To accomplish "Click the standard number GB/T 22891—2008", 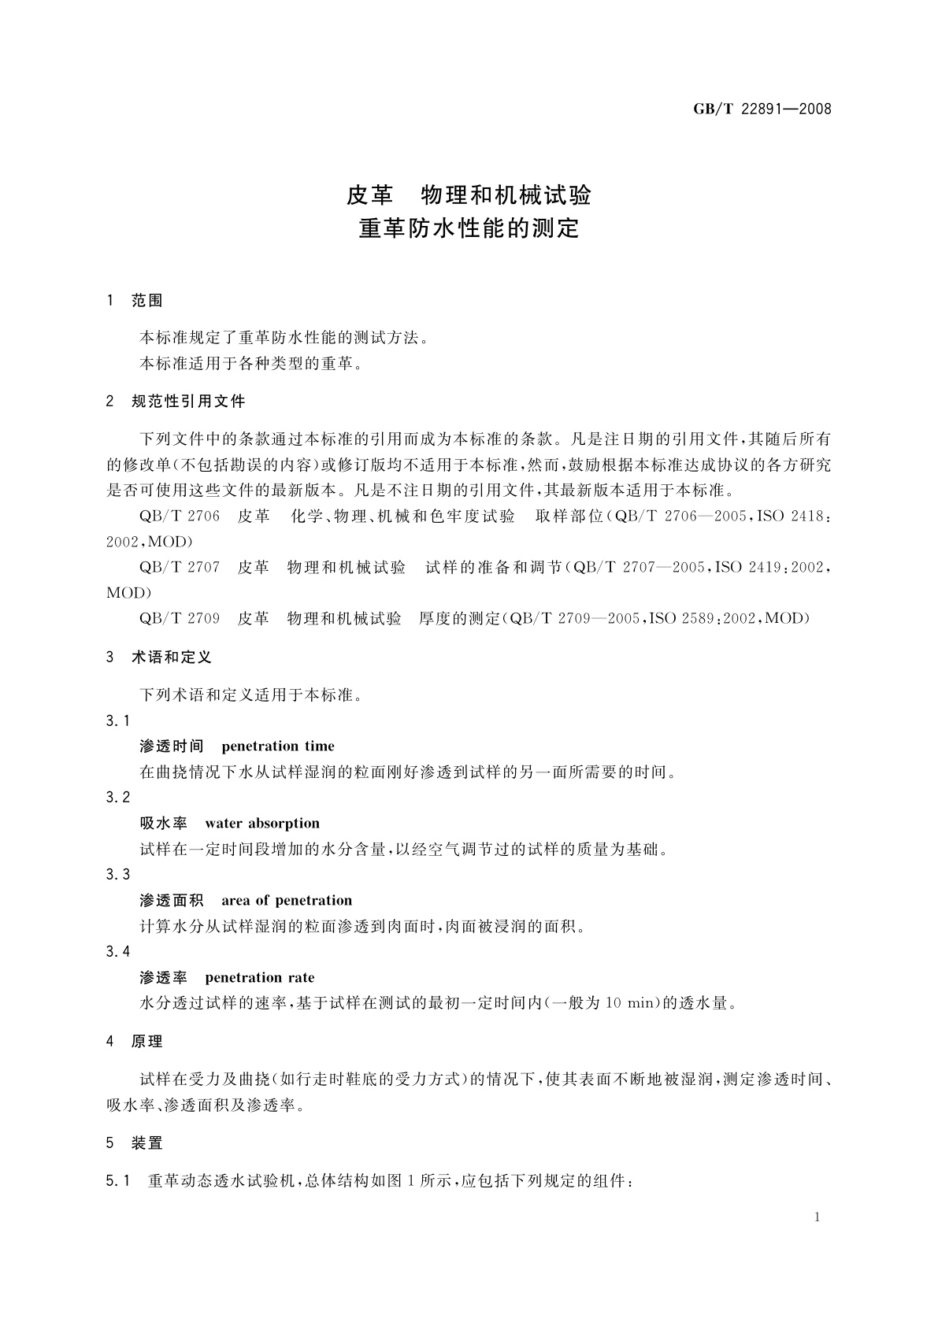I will coord(762,109).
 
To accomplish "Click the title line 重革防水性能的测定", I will coord(469,228).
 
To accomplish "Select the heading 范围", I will coord(146,300).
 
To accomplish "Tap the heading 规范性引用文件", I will coord(188,402).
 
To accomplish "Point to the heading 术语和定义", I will coord(171,657).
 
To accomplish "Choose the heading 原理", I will coord(146,1041).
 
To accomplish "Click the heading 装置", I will coord(146,1143).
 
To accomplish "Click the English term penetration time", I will coord(278,746).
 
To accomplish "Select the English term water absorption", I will coord(262,824).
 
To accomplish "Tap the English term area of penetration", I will coord(287,901).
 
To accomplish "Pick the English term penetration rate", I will coord(259,978).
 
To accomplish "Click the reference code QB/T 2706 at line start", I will coord(180,517).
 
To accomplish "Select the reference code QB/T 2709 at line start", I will coord(180,618).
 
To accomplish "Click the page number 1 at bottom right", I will coord(817,1217).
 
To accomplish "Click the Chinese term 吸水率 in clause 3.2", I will coord(163,824).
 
